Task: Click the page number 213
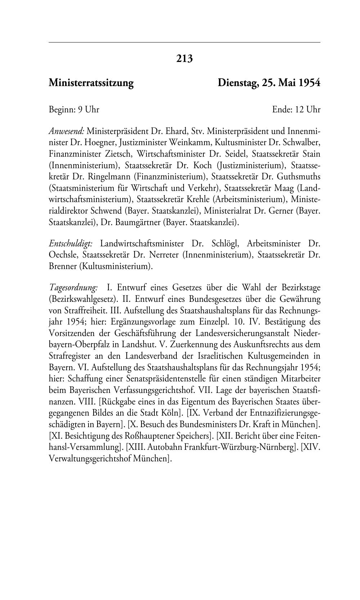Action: pyautogui.click(x=184, y=58)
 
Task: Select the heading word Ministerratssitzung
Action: pyautogui.click(x=91, y=83)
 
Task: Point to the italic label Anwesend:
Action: pyautogui.click(x=67, y=131)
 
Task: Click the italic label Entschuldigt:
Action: pyautogui.click(x=71, y=244)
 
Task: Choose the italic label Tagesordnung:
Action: pyautogui.click(x=73, y=288)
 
